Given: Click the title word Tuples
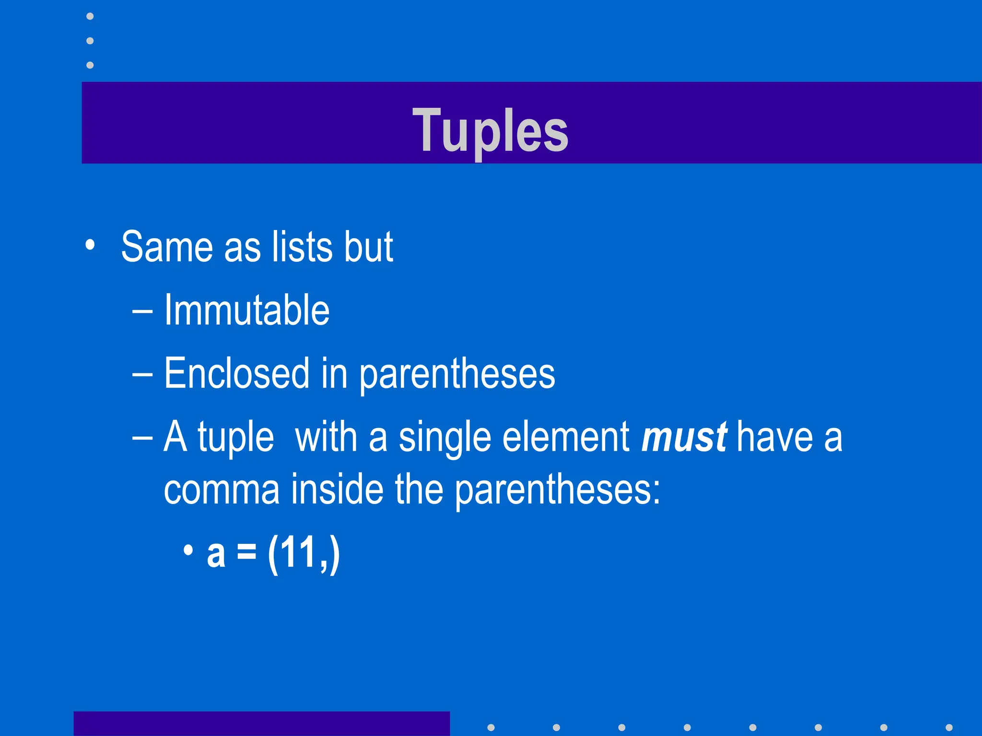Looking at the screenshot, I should pos(490,130).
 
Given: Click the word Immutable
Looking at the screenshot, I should pos(246,310).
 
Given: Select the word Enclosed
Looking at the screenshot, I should pos(236,373).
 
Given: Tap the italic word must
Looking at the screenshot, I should pos(684,437).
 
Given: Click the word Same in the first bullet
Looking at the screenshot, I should pos(166,247).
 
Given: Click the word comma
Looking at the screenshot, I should pos(222,490).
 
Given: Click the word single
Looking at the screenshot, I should pos(445,437).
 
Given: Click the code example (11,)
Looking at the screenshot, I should pos(304,553).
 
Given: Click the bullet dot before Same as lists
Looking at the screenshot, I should pos(90,245).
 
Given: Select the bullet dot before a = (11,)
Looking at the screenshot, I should pos(188,550).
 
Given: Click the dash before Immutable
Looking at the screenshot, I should pos(142,311).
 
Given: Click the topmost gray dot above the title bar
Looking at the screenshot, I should pos(90,16).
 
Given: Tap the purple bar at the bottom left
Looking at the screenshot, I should pos(261,724).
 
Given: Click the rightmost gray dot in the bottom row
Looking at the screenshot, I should pos(948,727).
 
